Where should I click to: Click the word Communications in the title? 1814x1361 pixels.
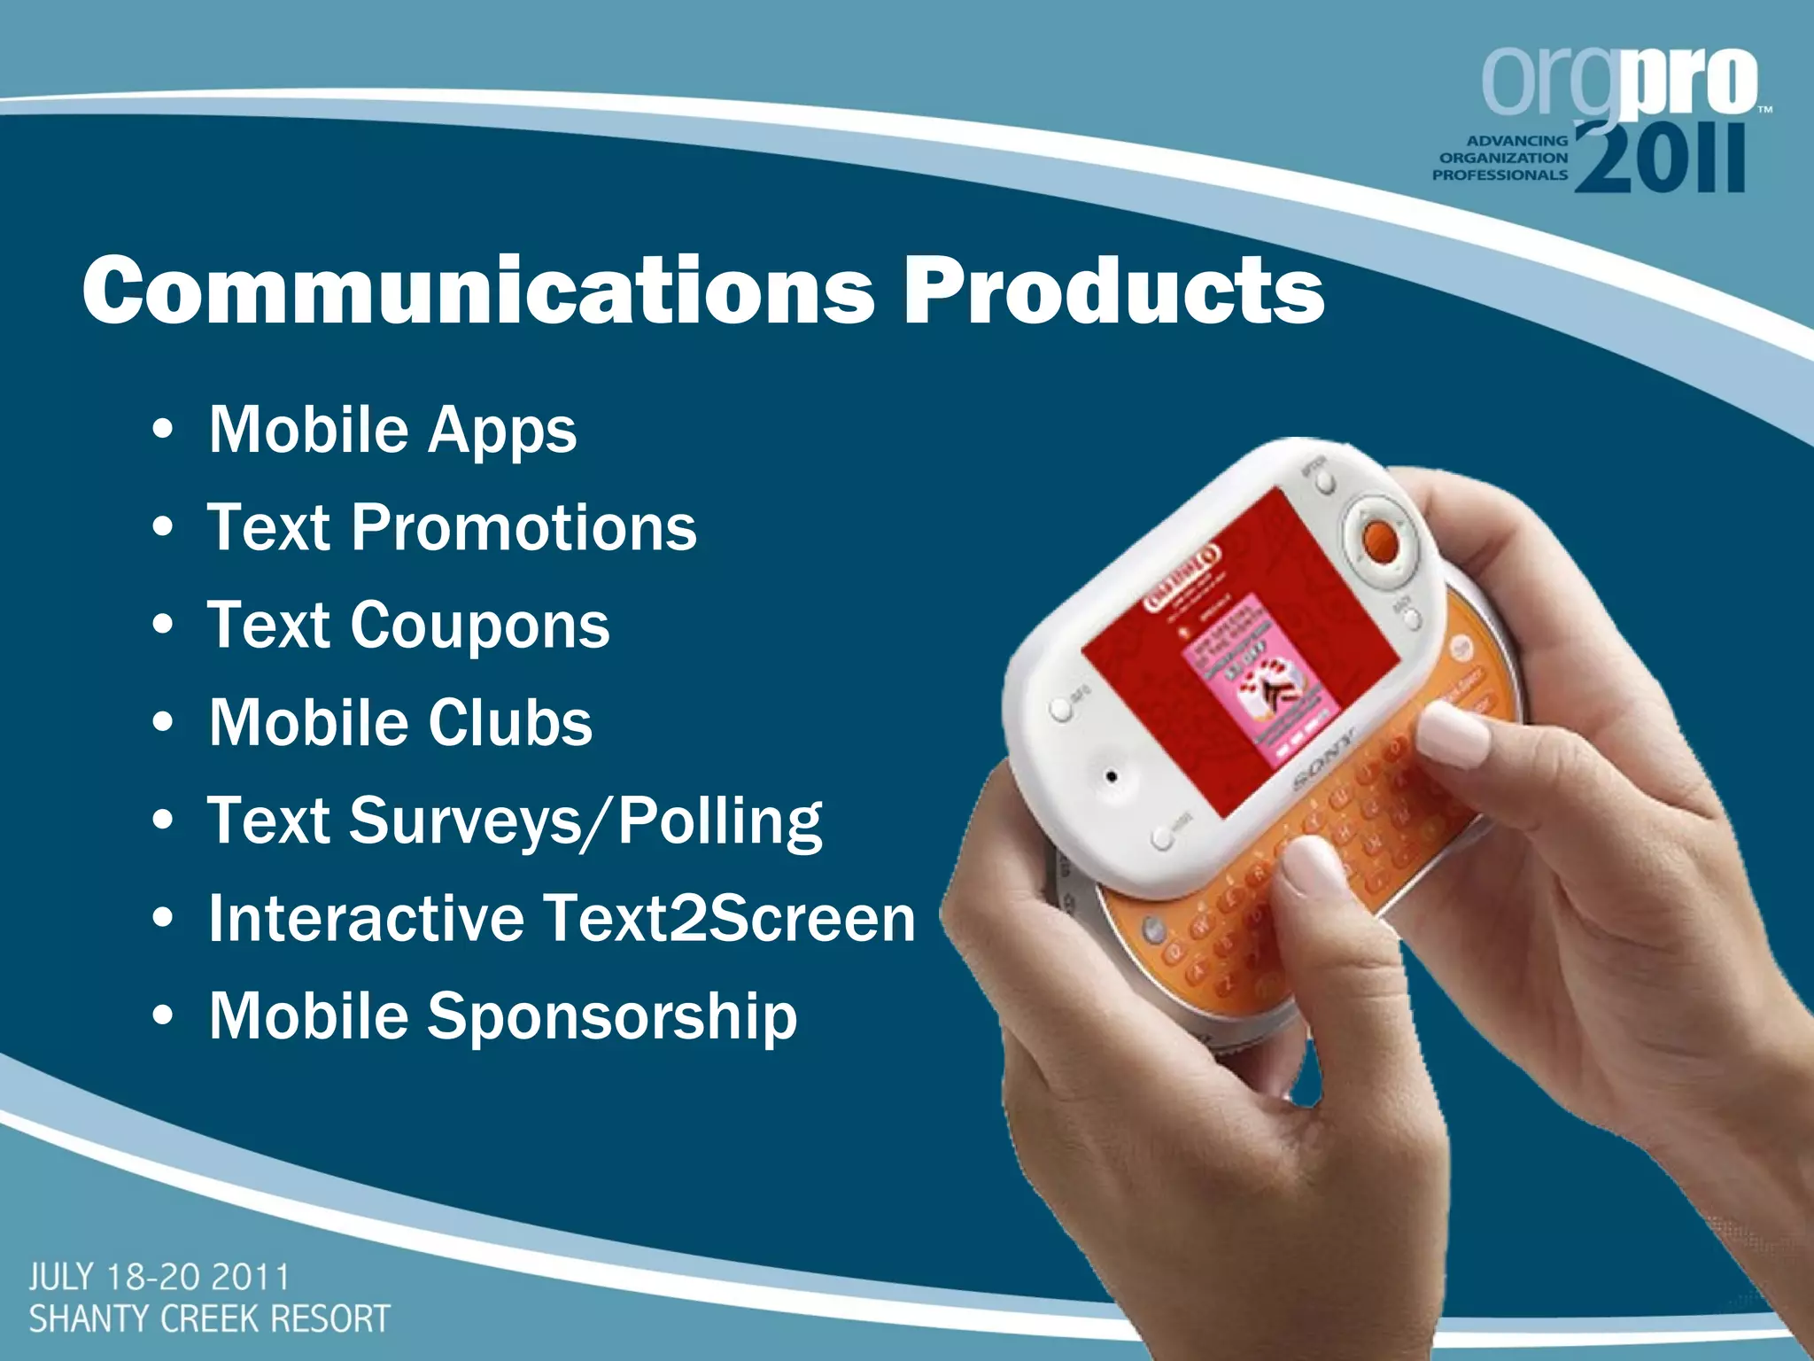[478, 291]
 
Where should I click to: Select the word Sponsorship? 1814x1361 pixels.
[612, 1016]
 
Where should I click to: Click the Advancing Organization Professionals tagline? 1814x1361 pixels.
[1500, 158]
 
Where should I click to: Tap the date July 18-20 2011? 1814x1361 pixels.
[159, 1278]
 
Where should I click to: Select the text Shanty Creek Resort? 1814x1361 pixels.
[209, 1319]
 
